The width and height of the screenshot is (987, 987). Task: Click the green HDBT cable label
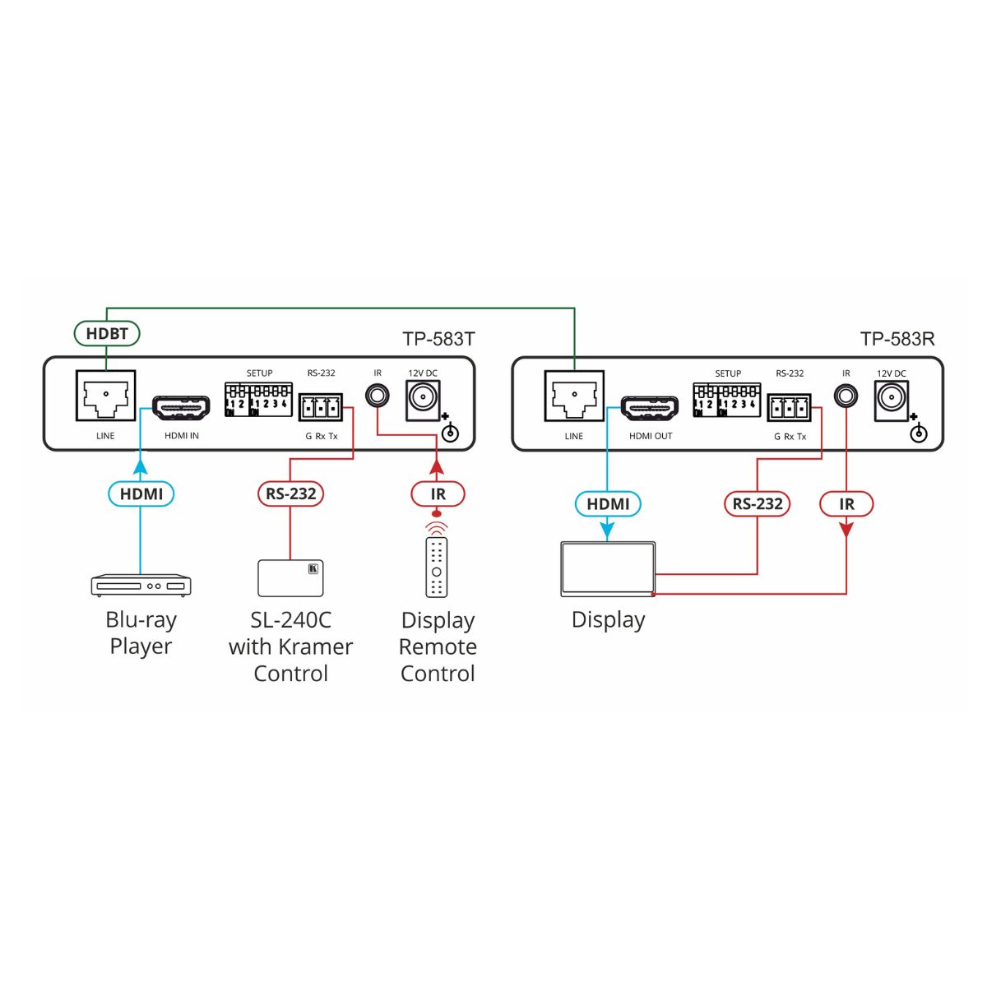click(x=107, y=333)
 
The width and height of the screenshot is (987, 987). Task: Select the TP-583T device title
click(x=438, y=339)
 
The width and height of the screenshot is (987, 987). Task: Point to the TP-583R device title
click(x=897, y=339)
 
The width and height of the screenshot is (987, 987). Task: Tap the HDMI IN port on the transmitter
click(x=181, y=408)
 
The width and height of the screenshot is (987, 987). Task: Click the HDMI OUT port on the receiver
click(x=650, y=408)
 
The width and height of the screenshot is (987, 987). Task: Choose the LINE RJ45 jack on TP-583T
click(x=105, y=396)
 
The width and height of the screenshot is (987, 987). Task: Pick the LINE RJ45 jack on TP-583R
click(x=574, y=396)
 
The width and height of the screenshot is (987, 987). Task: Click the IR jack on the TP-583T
click(x=377, y=396)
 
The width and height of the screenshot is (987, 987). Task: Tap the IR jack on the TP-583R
click(x=846, y=396)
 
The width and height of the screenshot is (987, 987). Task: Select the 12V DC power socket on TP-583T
click(x=423, y=401)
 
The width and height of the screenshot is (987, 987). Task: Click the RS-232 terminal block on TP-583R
click(x=789, y=408)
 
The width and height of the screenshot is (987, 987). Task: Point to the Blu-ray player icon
click(x=141, y=586)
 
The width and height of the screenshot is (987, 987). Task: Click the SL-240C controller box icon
click(x=290, y=577)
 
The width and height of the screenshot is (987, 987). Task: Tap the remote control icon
click(x=437, y=567)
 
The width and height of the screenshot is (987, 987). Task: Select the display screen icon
click(x=608, y=569)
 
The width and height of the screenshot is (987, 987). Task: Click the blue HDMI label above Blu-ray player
click(x=141, y=493)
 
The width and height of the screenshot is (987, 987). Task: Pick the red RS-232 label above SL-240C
click(x=290, y=493)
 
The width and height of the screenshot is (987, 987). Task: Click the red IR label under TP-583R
click(x=846, y=504)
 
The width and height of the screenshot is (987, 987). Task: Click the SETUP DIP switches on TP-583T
click(x=258, y=400)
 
